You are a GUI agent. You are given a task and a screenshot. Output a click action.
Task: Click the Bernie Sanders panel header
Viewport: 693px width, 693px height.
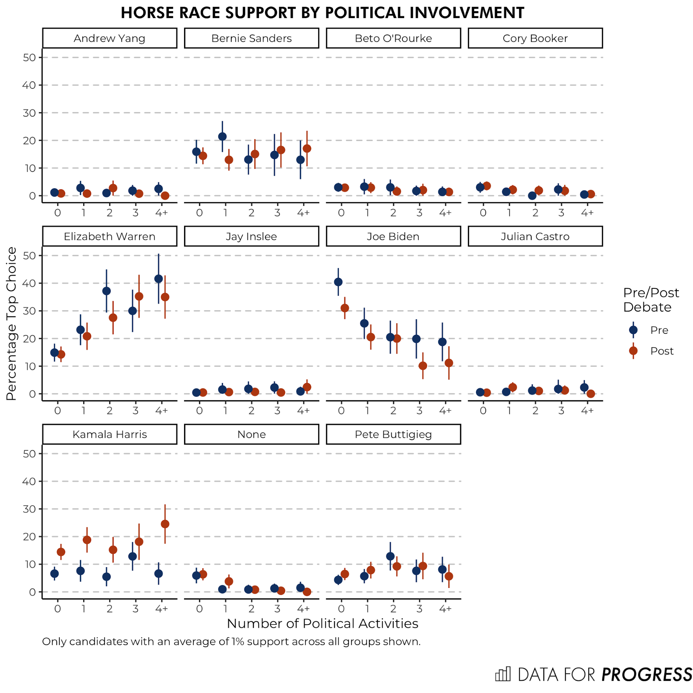[x=251, y=38]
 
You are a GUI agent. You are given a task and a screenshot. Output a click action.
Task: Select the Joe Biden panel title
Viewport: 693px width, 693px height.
[x=393, y=236]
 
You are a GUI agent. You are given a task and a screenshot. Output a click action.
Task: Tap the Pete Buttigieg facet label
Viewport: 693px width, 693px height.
[x=393, y=434]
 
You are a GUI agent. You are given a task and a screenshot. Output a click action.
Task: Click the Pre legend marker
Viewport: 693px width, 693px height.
[x=633, y=330]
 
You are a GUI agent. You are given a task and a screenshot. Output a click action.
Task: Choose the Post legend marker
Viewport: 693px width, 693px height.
[x=633, y=351]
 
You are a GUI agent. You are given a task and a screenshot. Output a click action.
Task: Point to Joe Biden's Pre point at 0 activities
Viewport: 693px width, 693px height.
[x=338, y=282]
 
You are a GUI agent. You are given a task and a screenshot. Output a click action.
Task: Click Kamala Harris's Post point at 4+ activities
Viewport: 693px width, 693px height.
[x=165, y=524]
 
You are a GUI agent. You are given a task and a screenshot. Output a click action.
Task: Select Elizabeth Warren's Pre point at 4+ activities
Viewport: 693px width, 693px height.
[x=158, y=279]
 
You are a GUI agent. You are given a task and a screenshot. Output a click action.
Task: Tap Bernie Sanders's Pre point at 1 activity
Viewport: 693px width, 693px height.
[x=223, y=137]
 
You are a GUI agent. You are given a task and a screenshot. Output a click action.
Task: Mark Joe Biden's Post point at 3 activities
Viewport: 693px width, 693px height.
[x=423, y=366]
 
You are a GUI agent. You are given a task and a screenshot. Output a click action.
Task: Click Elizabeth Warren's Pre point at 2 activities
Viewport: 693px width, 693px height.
[x=106, y=291]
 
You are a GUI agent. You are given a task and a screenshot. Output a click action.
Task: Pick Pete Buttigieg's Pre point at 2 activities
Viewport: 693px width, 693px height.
[x=390, y=556]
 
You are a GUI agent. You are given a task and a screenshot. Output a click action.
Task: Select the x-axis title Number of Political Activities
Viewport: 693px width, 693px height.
[x=322, y=623]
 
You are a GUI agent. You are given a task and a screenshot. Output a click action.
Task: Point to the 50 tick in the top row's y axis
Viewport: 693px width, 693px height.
[x=29, y=58]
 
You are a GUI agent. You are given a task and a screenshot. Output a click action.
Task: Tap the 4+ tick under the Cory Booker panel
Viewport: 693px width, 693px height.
[x=587, y=213]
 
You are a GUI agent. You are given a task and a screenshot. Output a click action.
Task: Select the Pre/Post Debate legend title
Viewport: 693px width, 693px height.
[x=651, y=300]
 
